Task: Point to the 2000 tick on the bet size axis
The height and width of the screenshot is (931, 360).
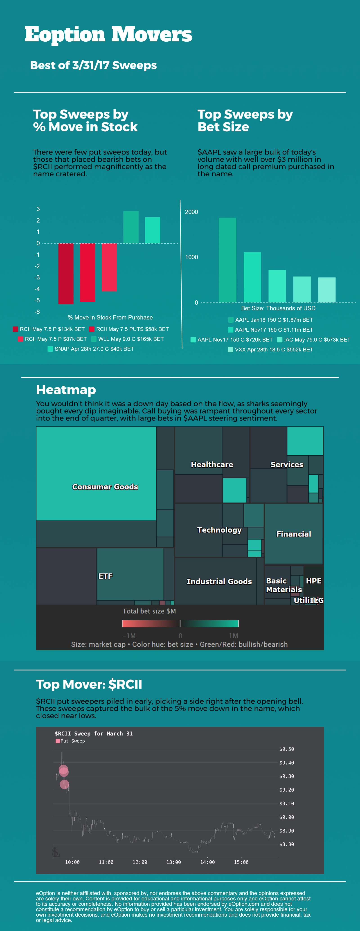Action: tap(191, 212)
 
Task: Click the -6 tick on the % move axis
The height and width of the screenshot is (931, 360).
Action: tap(37, 312)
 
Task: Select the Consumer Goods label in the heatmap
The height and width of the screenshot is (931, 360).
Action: tap(105, 487)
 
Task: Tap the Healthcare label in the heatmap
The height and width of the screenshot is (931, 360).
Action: tap(212, 464)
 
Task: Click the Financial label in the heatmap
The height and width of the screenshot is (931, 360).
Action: tap(293, 534)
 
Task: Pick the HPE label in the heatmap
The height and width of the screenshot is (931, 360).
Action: tap(313, 581)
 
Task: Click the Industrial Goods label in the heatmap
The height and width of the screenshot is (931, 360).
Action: tap(219, 582)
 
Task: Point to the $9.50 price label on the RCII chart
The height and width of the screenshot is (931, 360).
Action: tap(286, 749)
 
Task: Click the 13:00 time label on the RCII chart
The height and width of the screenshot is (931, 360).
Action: tap(173, 862)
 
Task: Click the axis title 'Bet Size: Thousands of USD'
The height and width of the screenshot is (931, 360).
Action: tap(278, 308)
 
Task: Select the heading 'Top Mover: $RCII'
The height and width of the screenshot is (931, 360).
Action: tap(89, 684)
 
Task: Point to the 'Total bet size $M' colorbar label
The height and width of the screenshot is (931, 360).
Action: tap(149, 611)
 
